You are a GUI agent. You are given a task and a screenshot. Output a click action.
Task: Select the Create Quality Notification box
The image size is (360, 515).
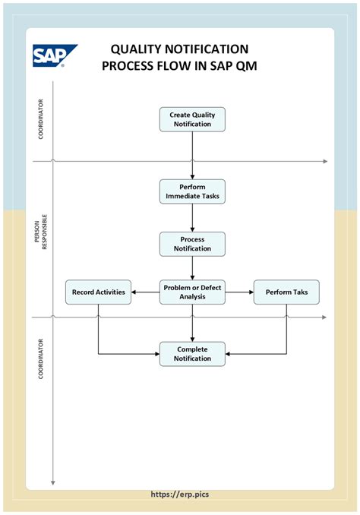pos(192,119)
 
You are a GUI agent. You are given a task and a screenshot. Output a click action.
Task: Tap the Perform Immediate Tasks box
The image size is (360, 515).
pos(192,191)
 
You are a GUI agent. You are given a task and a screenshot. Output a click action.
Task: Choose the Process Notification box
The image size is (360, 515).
pos(192,244)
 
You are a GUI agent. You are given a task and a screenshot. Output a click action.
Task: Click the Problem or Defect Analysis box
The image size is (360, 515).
pos(192,292)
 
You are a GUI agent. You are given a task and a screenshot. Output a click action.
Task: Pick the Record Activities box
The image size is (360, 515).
pos(99,292)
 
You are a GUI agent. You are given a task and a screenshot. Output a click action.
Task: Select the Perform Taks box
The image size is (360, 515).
pos(286,292)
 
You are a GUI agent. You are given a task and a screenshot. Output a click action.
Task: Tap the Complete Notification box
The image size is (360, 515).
pos(192,354)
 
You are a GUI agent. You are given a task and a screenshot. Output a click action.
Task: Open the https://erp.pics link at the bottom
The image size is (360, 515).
pos(180,494)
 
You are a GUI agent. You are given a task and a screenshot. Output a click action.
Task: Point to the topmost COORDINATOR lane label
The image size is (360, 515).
pos(40,119)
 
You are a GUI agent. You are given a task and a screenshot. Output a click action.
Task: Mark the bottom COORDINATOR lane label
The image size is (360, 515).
pos(40,358)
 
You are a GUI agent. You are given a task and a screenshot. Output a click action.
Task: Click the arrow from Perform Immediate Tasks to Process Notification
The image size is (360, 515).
pos(192,218)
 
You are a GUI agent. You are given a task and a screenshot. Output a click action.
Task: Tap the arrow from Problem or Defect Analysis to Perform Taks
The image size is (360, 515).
pos(239,292)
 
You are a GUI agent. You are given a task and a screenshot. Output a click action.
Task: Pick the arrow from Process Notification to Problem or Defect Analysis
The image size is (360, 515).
pos(192,267)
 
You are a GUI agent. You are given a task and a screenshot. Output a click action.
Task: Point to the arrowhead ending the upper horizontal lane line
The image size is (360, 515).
pos(324,161)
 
